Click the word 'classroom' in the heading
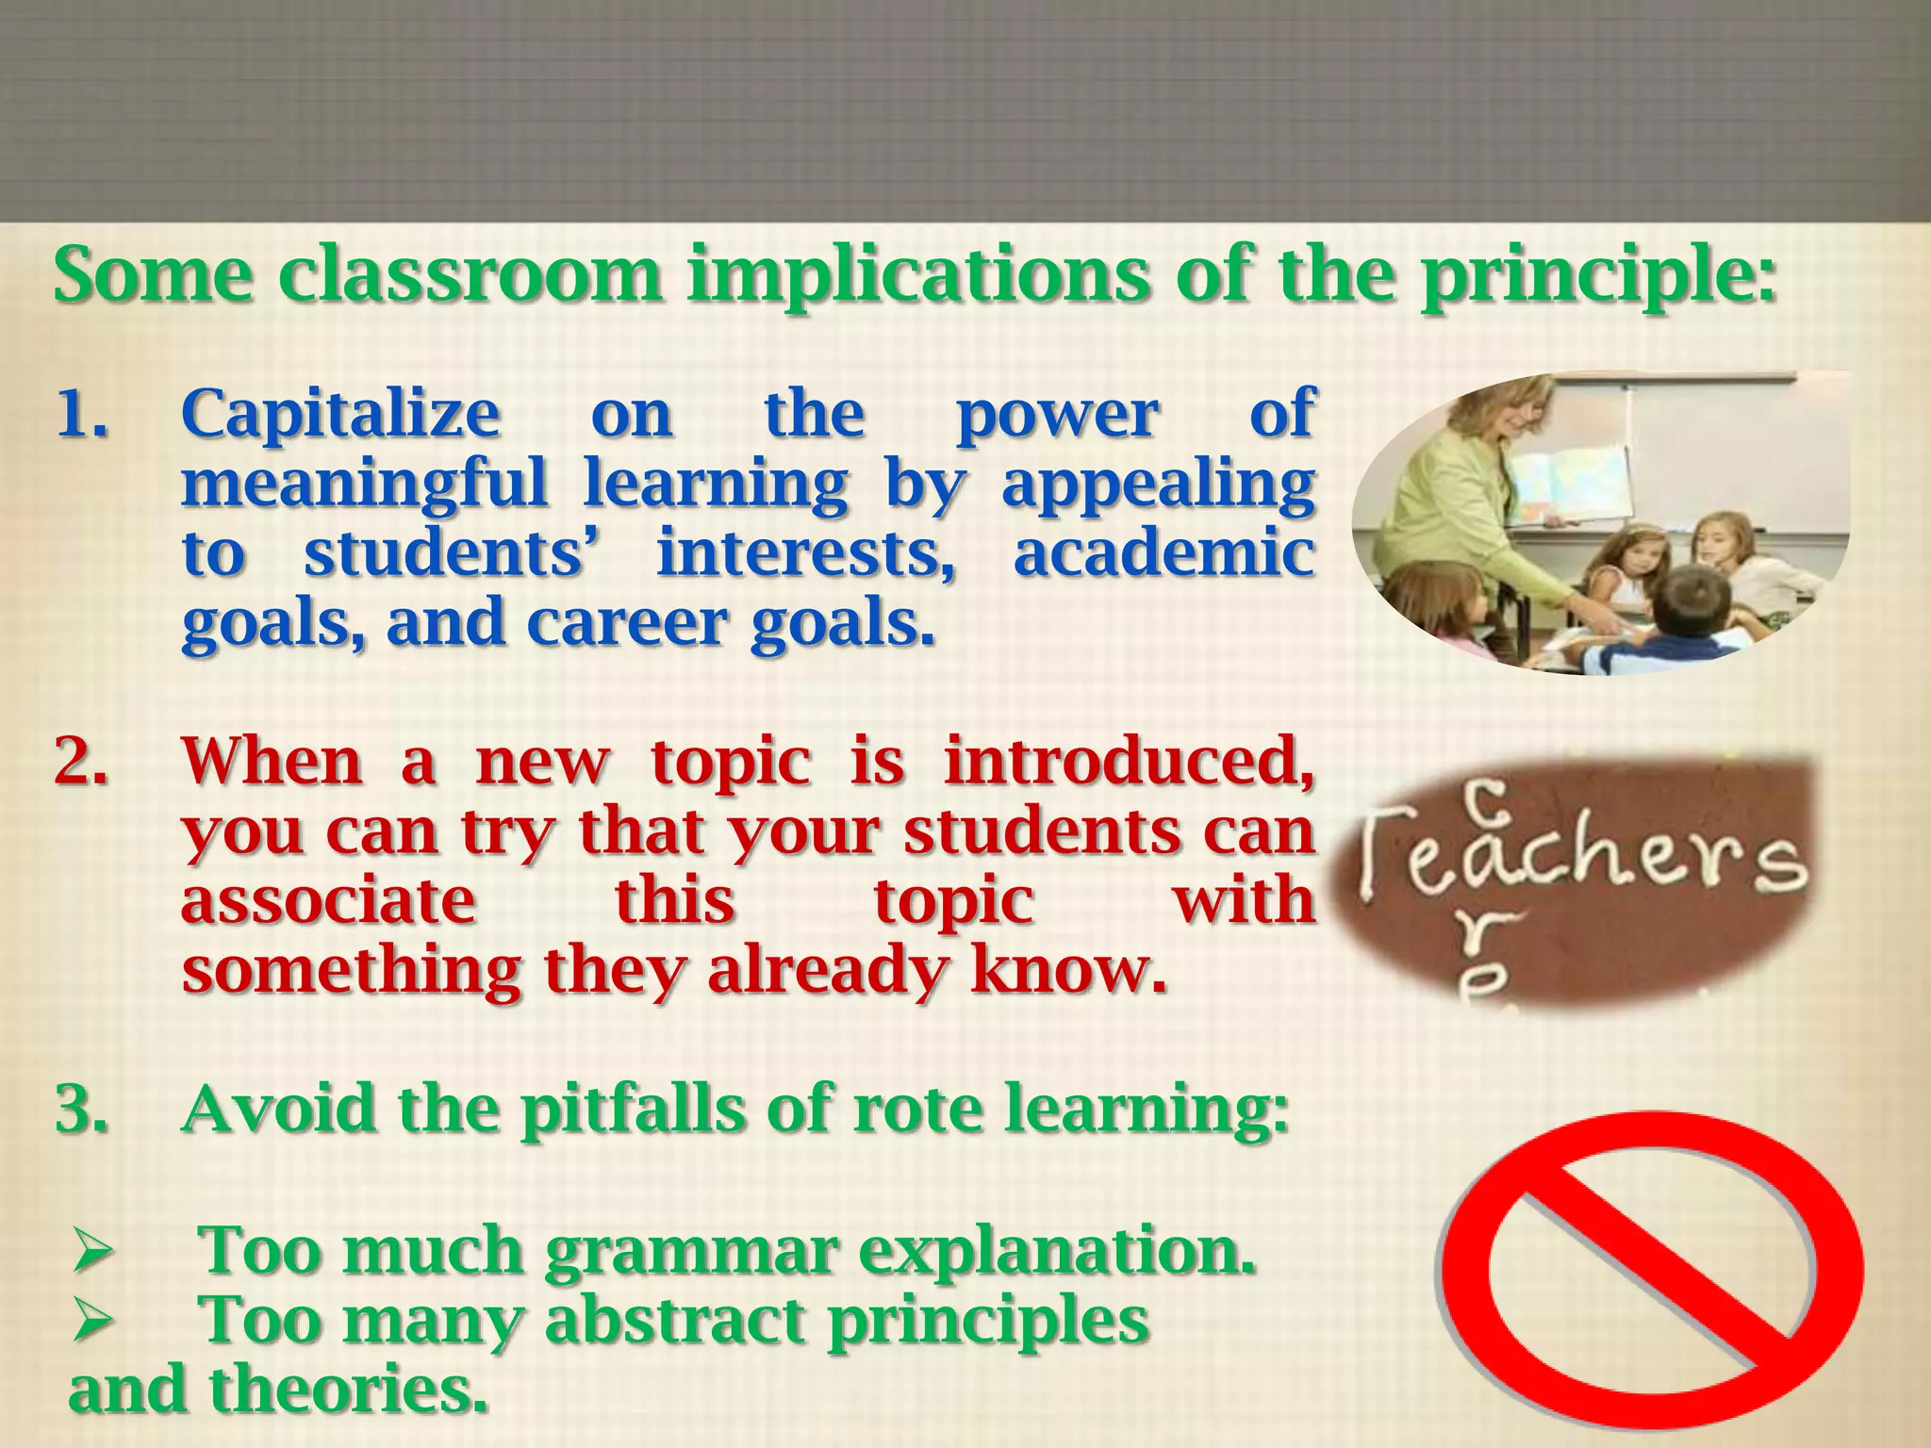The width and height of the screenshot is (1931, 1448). point(470,274)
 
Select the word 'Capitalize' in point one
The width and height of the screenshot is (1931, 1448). point(340,415)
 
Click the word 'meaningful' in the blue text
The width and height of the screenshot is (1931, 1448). point(365,485)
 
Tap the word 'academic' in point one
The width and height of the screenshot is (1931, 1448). point(1164,553)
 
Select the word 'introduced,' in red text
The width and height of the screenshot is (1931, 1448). point(1130,762)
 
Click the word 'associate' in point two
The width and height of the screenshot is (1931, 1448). point(329,900)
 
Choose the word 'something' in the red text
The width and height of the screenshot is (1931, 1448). point(352,971)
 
